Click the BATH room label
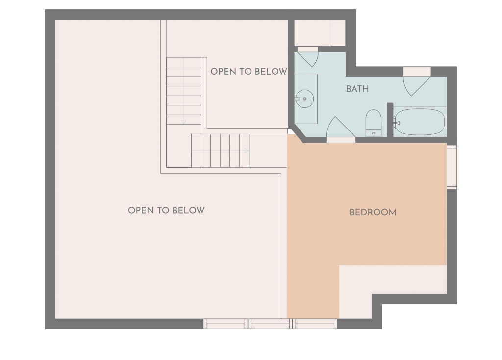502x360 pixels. (357, 89)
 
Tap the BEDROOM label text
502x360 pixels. (373, 212)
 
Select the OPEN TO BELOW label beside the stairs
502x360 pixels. (249, 72)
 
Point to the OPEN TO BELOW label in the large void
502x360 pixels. (166, 210)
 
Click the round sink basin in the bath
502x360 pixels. (304, 99)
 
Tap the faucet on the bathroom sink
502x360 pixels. (298, 99)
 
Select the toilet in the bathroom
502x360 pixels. (373, 123)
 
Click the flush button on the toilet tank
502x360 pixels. (373, 133)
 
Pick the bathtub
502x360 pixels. (420, 122)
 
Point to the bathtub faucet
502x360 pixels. (397, 123)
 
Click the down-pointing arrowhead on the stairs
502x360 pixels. (184, 122)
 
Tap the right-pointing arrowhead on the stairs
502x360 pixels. (247, 151)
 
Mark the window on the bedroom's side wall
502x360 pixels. (452, 167)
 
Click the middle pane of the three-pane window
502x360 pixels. (270, 324)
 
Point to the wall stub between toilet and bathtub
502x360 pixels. (390, 120)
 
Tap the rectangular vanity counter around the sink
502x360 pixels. (306, 99)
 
